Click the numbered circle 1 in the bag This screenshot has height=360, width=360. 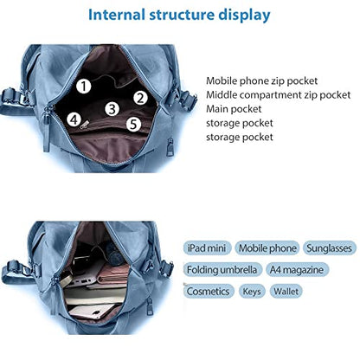point(84,86)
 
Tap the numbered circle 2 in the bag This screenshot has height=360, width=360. point(140,98)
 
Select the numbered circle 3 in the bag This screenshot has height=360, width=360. point(112,109)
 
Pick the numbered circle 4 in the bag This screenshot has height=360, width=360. point(74,119)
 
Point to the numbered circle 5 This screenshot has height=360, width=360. point(133,124)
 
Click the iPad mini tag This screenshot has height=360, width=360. point(207,248)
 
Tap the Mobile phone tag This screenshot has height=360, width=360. point(267,248)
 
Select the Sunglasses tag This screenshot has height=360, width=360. point(330,248)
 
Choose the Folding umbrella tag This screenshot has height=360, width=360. point(222,270)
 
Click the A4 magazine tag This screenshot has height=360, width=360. point(297,270)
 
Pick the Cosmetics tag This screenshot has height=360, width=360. point(209,291)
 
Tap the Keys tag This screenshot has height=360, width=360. point(252,291)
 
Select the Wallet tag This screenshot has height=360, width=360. point(286,291)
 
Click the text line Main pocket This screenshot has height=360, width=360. point(234,109)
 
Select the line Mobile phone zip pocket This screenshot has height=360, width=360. point(261,81)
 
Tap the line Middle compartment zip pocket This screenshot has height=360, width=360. point(279,95)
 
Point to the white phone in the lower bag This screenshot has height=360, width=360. point(92,312)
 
